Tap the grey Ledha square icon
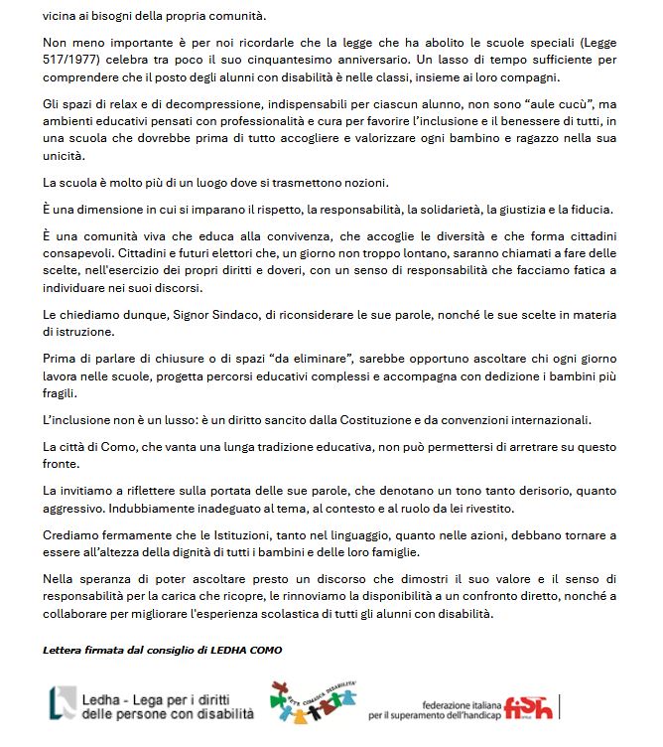[x=63, y=701]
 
